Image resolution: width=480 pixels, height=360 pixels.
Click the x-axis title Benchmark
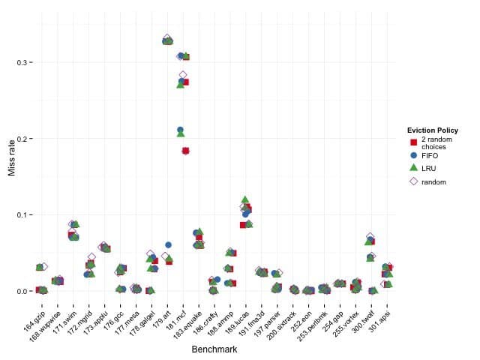coord(214,349)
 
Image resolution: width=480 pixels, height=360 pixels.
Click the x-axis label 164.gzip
coord(34,315)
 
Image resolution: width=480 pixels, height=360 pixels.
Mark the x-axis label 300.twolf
coord(363,315)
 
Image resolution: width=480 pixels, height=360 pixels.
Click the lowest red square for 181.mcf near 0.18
coord(186,151)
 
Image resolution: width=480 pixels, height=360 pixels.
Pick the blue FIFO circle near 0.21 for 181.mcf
coord(181,130)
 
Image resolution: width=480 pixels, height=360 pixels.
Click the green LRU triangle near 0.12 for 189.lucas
coord(245,199)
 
